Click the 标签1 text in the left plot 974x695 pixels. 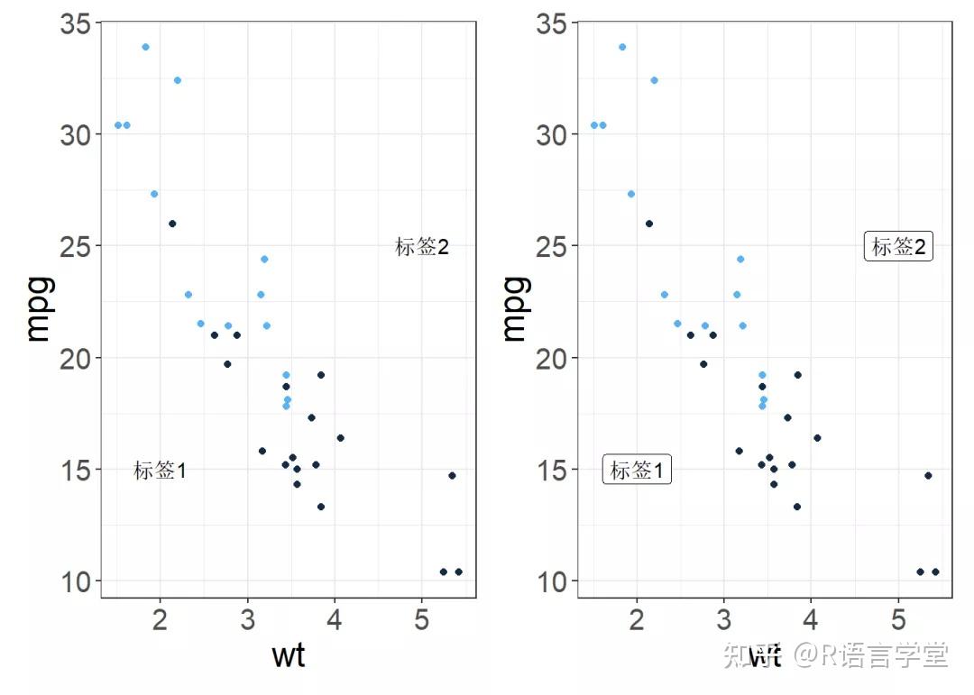pyautogui.click(x=160, y=471)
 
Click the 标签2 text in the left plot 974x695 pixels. pyautogui.click(x=421, y=247)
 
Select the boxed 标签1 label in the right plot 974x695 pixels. pyautogui.click(x=637, y=471)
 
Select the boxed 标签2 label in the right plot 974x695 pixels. pyautogui.click(x=898, y=247)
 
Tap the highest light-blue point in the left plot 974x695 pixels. pyautogui.click(x=145, y=47)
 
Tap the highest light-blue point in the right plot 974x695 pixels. pyautogui.click(x=622, y=47)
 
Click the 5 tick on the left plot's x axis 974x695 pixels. pyautogui.click(x=421, y=621)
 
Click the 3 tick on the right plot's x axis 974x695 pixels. pyautogui.click(x=723, y=621)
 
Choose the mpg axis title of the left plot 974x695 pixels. pyautogui.click(x=38, y=309)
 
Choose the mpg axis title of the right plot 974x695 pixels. pyautogui.click(x=514, y=309)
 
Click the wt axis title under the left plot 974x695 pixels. pyautogui.click(x=288, y=655)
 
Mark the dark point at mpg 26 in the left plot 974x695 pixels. pyautogui.click(x=172, y=224)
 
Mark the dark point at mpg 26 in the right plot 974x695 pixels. pyautogui.click(x=648, y=224)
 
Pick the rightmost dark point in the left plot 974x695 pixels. pyautogui.click(x=458, y=572)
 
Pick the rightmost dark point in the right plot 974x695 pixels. pyautogui.click(x=935, y=572)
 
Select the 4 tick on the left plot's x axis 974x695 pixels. pyautogui.click(x=335, y=621)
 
